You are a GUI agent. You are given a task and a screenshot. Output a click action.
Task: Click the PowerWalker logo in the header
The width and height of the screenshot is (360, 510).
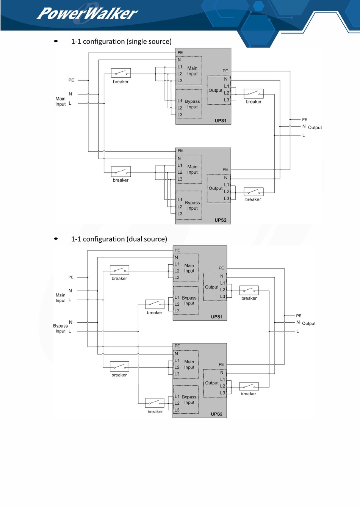87,14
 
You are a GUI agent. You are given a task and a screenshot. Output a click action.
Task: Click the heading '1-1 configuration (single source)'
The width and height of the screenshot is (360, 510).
121,41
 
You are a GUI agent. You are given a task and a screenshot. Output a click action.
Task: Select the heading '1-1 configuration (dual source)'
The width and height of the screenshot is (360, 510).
119,239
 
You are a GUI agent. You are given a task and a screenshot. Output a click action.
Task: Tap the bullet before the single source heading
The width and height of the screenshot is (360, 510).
56,41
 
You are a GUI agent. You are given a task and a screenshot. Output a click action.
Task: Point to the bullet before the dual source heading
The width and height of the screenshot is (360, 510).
56,239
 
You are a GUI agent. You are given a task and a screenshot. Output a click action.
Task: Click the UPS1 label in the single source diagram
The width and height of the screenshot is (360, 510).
221,121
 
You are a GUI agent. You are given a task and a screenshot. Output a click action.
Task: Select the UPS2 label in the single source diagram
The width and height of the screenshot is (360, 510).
221,220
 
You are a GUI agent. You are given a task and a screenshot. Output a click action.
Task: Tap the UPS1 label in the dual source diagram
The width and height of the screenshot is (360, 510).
217,317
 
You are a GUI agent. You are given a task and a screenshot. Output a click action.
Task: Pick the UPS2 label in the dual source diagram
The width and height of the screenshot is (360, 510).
217,414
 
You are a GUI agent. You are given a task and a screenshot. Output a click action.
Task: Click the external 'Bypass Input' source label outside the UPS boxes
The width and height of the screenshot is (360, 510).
60,328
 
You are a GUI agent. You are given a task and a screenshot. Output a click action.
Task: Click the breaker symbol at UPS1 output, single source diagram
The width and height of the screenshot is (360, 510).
254,94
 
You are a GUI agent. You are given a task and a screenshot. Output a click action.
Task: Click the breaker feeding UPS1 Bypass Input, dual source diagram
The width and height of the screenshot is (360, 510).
155,304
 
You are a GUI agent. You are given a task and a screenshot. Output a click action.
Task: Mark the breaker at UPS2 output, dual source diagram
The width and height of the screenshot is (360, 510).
249,386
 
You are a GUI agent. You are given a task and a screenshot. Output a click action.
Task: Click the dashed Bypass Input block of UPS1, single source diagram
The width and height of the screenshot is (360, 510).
189,104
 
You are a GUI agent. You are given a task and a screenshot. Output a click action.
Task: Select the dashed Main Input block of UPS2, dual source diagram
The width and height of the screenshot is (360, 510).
186,364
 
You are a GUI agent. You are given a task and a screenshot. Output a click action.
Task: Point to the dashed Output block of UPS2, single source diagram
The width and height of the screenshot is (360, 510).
219,188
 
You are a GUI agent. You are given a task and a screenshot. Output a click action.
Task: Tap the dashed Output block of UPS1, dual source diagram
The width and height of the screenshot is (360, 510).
215,287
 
